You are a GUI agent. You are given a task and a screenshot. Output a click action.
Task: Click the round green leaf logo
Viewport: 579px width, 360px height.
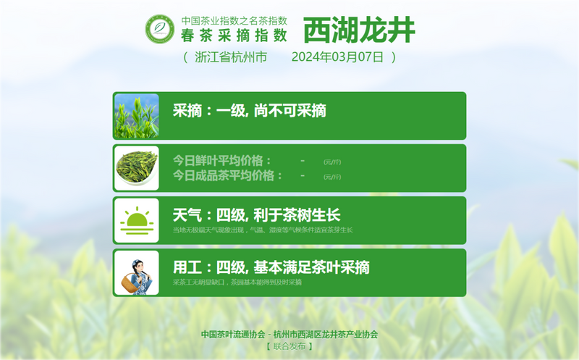click(x=160, y=29)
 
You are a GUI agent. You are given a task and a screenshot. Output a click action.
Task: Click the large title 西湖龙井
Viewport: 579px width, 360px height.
click(x=359, y=30)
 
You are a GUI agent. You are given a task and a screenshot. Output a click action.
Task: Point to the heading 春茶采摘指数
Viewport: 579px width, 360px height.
click(x=234, y=34)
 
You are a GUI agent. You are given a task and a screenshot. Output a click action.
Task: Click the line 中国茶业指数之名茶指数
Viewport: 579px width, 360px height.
click(x=234, y=20)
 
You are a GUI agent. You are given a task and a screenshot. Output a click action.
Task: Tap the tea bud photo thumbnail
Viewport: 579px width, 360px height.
click(x=136, y=116)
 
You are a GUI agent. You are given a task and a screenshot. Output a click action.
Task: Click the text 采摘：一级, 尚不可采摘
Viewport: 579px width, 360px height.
click(x=249, y=111)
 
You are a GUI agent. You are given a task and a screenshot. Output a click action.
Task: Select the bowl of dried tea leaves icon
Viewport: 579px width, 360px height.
click(x=136, y=168)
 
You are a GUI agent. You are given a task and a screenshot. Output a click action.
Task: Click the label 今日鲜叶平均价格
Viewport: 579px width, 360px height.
click(x=222, y=160)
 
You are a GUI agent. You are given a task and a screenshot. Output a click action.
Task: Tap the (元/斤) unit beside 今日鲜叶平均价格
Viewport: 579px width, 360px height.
click(x=332, y=162)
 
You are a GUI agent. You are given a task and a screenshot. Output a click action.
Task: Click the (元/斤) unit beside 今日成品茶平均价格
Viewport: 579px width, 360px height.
click(x=332, y=177)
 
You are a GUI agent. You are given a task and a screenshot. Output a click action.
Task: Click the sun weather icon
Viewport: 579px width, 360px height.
click(x=136, y=219)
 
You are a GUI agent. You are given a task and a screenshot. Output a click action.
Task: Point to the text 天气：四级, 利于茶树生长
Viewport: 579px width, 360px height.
click(x=256, y=215)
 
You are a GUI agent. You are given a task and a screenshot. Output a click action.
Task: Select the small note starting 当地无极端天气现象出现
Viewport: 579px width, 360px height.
click(x=262, y=230)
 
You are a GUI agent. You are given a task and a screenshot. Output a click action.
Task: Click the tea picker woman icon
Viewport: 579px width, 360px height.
click(x=136, y=272)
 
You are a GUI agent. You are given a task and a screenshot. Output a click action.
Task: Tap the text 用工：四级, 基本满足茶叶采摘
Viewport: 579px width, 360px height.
click(x=271, y=267)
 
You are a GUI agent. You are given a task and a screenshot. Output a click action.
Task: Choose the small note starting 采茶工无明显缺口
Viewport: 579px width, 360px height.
click(x=237, y=282)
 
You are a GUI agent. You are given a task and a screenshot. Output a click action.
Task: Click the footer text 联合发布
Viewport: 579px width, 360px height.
click(x=289, y=346)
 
